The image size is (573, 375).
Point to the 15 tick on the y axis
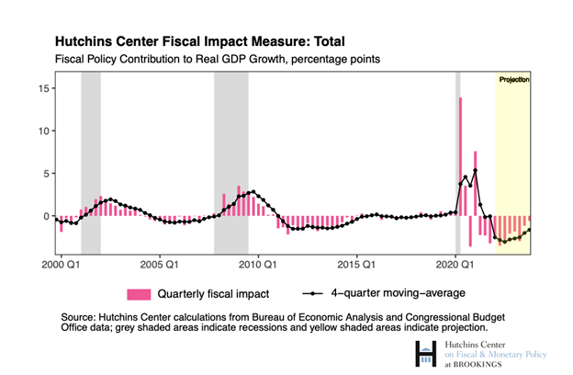43,88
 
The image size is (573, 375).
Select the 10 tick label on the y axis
43,131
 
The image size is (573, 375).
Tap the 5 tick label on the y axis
46,174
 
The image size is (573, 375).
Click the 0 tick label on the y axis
46,216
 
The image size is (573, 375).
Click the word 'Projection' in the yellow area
514,80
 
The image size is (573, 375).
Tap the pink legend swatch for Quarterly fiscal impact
138,294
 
